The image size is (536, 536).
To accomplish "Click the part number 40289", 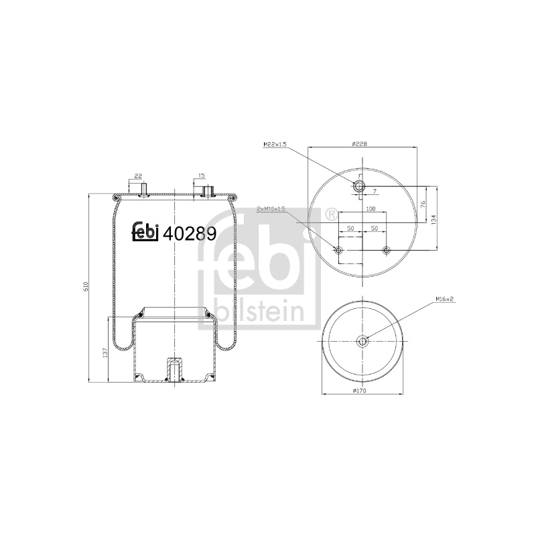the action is click(190, 234).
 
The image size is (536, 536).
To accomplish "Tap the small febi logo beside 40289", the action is click(145, 232).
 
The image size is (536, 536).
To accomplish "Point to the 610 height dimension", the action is click(86, 287).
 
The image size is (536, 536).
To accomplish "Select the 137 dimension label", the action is click(105, 352).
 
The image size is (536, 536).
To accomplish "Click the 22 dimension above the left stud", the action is click(138, 176).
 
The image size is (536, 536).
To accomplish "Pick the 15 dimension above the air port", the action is click(202, 176).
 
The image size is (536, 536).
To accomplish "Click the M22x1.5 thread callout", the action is click(275, 145).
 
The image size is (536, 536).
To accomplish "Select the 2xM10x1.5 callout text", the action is click(271, 209).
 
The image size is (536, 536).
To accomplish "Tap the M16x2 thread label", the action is click(444, 299).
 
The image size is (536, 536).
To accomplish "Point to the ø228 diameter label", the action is click(359, 144).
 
